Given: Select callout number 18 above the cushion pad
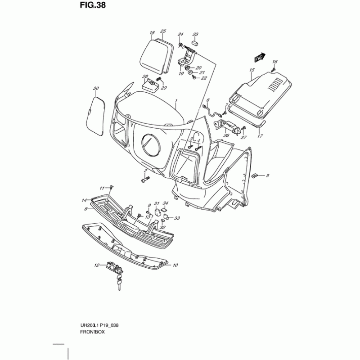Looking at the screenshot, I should click(152, 33).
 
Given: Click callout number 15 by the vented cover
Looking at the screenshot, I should click(252, 70).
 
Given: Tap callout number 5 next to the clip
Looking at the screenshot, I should click(267, 175).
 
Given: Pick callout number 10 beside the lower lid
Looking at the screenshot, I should click(175, 265).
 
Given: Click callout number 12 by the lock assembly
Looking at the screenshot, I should click(96, 266).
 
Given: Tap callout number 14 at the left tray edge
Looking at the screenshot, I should click(84, 200).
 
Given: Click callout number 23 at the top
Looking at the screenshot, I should click(195, 35).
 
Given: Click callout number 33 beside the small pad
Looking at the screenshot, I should click(177, 218).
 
